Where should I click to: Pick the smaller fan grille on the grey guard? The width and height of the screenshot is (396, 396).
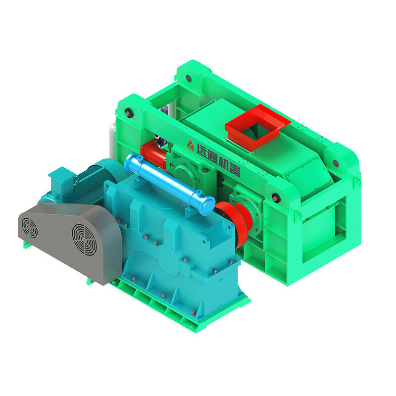(30, 228)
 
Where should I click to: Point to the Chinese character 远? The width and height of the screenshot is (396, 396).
(202, 152)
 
